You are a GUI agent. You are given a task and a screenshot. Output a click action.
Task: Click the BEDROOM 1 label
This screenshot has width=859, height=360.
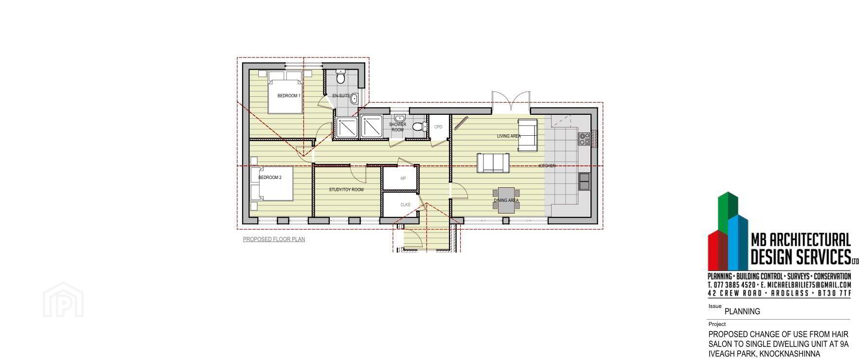point(289,96)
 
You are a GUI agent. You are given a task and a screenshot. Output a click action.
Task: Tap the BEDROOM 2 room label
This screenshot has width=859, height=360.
point(270,178)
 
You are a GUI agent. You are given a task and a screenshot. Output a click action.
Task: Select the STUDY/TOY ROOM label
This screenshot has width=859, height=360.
point(346,190)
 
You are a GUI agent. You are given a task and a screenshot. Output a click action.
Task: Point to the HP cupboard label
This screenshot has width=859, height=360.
point(403,179)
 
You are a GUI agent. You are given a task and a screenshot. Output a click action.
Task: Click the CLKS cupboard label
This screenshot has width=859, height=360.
point(405,205)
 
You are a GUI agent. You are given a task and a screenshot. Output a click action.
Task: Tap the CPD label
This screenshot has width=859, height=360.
point(438,127)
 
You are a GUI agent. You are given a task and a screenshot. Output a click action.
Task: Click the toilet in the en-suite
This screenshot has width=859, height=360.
point(340,77)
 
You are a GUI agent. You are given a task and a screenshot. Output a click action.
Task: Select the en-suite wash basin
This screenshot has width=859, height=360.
point(354,99)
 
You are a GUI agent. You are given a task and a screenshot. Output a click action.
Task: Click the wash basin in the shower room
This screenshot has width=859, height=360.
point(400,118)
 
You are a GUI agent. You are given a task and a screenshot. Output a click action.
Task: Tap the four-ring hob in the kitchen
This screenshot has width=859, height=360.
point(584,139)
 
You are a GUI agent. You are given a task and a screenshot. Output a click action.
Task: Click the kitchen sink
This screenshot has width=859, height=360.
point(584,181)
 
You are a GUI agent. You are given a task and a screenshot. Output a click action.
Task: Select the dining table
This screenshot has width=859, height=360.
point(506,200)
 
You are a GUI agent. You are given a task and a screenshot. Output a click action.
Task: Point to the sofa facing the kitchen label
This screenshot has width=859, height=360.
point(493,163)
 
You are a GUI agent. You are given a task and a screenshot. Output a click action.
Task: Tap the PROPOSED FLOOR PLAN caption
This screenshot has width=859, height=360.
point(274,239)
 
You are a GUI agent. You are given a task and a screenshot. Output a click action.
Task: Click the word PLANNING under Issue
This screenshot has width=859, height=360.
point(742,311)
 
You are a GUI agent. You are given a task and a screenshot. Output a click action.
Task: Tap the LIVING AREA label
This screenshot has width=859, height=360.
point(509,136)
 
